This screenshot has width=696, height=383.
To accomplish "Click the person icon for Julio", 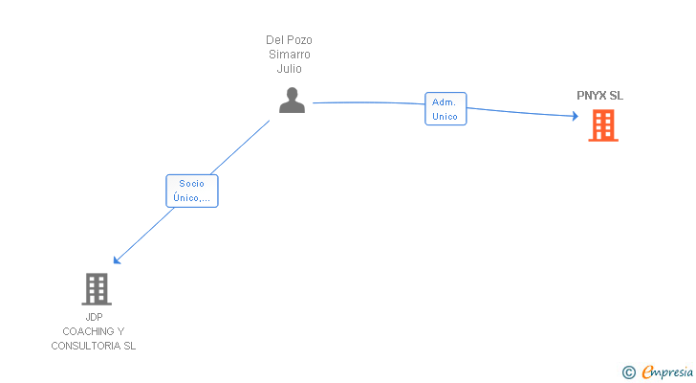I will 292,101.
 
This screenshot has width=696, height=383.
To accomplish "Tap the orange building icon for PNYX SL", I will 602,125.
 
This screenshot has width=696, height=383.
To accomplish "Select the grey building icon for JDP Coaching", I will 96,288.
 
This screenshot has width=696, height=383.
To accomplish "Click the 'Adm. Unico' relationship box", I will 446,109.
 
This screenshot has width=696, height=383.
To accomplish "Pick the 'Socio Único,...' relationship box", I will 192,191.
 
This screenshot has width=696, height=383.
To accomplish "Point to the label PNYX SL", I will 599,96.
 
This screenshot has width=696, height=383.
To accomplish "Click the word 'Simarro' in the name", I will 289,55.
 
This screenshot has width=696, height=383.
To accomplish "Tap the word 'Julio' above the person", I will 289,69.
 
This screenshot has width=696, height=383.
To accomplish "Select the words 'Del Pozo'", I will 289,40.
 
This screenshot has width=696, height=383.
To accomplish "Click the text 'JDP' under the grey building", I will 94,317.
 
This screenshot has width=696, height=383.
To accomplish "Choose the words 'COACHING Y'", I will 94,331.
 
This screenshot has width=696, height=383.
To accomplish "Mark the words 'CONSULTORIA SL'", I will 94,346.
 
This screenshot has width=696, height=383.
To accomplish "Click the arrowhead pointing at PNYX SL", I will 575,117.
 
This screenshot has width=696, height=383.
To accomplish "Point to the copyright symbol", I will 629,372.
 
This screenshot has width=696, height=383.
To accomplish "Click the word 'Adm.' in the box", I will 445,101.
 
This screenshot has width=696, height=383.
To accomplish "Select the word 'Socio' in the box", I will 192,183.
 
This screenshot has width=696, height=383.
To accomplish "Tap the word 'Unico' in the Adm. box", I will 445,117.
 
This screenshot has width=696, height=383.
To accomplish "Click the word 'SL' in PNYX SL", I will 617,96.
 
